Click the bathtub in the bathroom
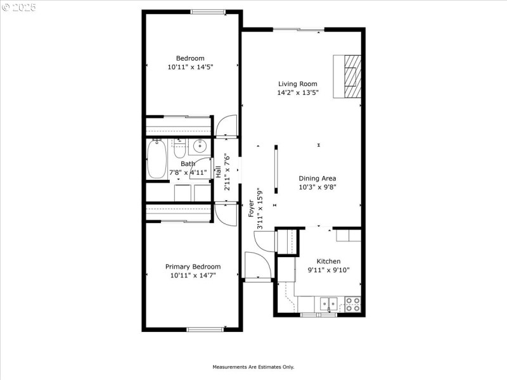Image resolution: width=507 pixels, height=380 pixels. [157, 160]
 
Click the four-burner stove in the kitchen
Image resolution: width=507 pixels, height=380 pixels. [352, 304]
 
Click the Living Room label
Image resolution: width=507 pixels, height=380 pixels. [297, 84]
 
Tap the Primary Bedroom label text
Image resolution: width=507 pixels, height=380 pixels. [193, 267]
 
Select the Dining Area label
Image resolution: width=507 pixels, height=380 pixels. [317, 179]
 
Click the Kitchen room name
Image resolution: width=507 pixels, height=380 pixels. [328, 261]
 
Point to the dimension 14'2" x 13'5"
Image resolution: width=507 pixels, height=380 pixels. [297, 92]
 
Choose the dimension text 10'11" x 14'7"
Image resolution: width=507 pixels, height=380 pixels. [193, 275]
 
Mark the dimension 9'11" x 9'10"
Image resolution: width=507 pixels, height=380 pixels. [328, 270]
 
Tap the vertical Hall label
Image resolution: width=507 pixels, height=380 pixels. [218, 171]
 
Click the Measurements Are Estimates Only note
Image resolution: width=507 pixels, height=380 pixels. [253, 367]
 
